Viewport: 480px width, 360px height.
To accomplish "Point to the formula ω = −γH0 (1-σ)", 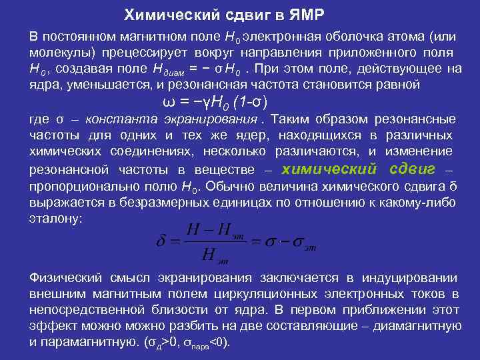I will pyautogui.click(x=215, y=102).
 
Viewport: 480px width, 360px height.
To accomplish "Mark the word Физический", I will pyautogui.click(x=65, y=278).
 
